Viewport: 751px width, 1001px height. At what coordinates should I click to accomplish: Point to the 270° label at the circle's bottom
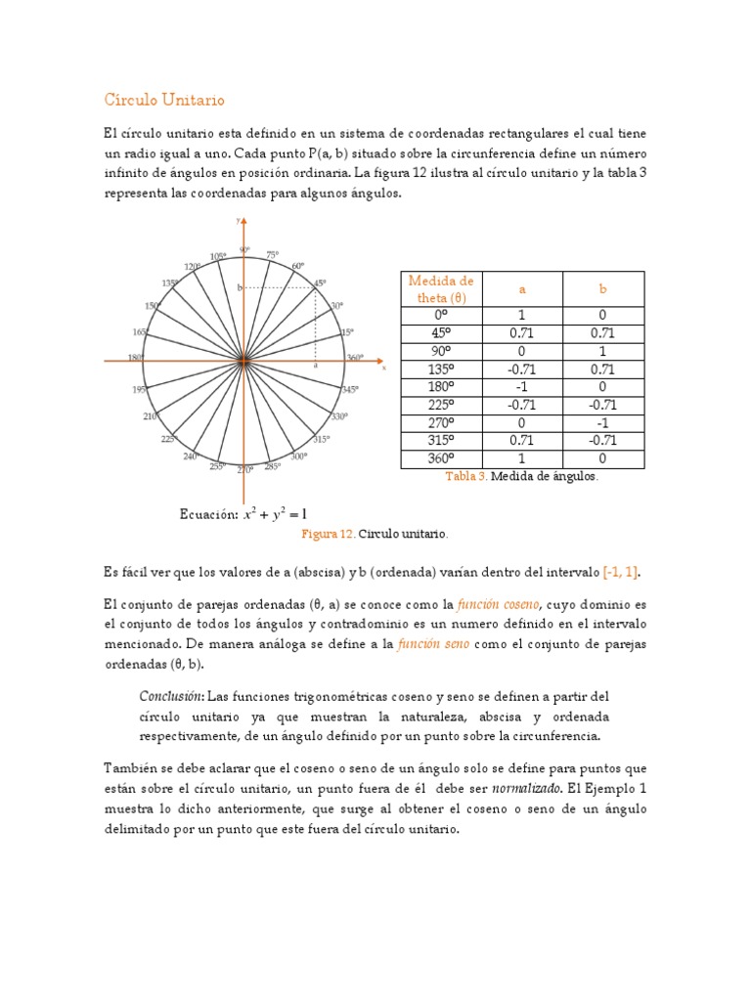(244, 470)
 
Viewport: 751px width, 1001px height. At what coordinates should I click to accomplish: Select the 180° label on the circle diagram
(136, 358)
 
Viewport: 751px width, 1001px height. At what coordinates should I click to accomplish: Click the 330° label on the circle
(339, 416)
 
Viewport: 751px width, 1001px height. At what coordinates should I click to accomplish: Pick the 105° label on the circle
(217, 256)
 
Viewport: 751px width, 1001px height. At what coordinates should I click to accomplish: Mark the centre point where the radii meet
(243, 363)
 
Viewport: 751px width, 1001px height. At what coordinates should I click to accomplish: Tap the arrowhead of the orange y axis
(243, 224)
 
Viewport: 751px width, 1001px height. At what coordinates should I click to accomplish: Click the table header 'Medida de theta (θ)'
(440, 289)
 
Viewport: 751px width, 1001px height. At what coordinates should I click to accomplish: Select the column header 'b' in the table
(603, 289)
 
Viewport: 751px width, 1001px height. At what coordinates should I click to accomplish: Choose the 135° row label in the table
(440, 370)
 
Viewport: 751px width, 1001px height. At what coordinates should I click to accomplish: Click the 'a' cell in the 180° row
(522, 387)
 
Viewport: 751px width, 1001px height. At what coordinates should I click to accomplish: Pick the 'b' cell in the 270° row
(603, 422)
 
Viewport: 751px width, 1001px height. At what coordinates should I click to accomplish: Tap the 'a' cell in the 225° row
(522, 405)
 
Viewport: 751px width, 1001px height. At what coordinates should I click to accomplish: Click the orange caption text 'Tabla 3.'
(465, 476)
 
